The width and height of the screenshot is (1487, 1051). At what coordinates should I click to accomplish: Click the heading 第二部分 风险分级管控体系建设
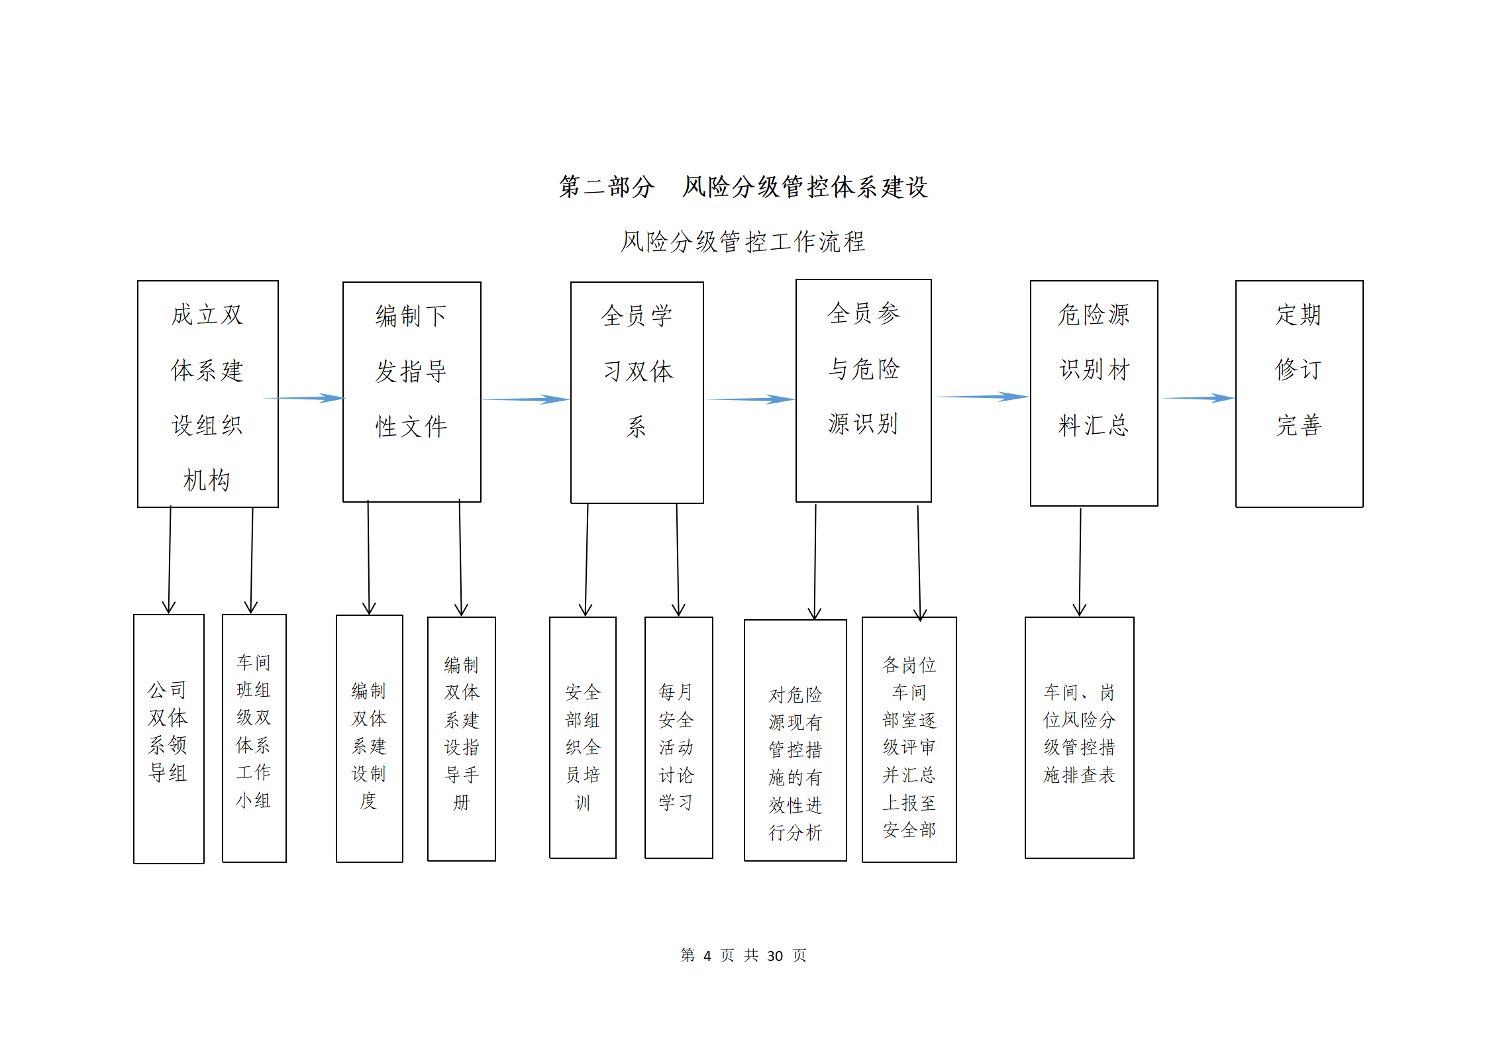click(x=743, y=187)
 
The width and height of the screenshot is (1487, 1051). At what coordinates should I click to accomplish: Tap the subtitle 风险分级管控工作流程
click(x=743, y=242)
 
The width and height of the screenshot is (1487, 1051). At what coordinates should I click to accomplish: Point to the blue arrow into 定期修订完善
click(x=1197, y=398)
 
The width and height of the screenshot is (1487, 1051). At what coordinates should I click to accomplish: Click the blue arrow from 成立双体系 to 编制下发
click(x=305, y=398)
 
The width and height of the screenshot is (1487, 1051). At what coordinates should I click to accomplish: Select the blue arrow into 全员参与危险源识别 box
click(x=750, y=399)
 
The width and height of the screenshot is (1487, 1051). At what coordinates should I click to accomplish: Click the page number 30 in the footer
click(x=775, y=956)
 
